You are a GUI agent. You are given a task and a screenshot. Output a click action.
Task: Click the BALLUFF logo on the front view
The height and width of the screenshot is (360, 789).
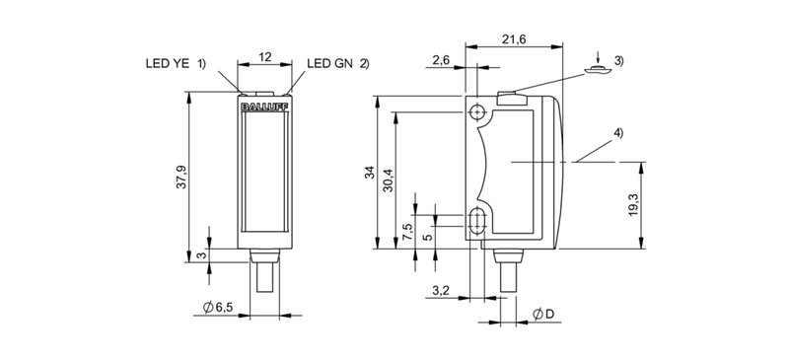click(262, 101)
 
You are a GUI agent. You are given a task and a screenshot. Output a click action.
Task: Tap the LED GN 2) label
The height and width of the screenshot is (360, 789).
click(338, 64)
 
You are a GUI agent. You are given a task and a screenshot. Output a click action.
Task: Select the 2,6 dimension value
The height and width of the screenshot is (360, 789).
click(442, 61)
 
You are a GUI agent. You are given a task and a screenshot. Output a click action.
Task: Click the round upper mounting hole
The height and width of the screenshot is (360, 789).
click(478, 111)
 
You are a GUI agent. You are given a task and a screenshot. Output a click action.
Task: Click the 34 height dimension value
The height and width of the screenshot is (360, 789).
click(370, 175)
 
